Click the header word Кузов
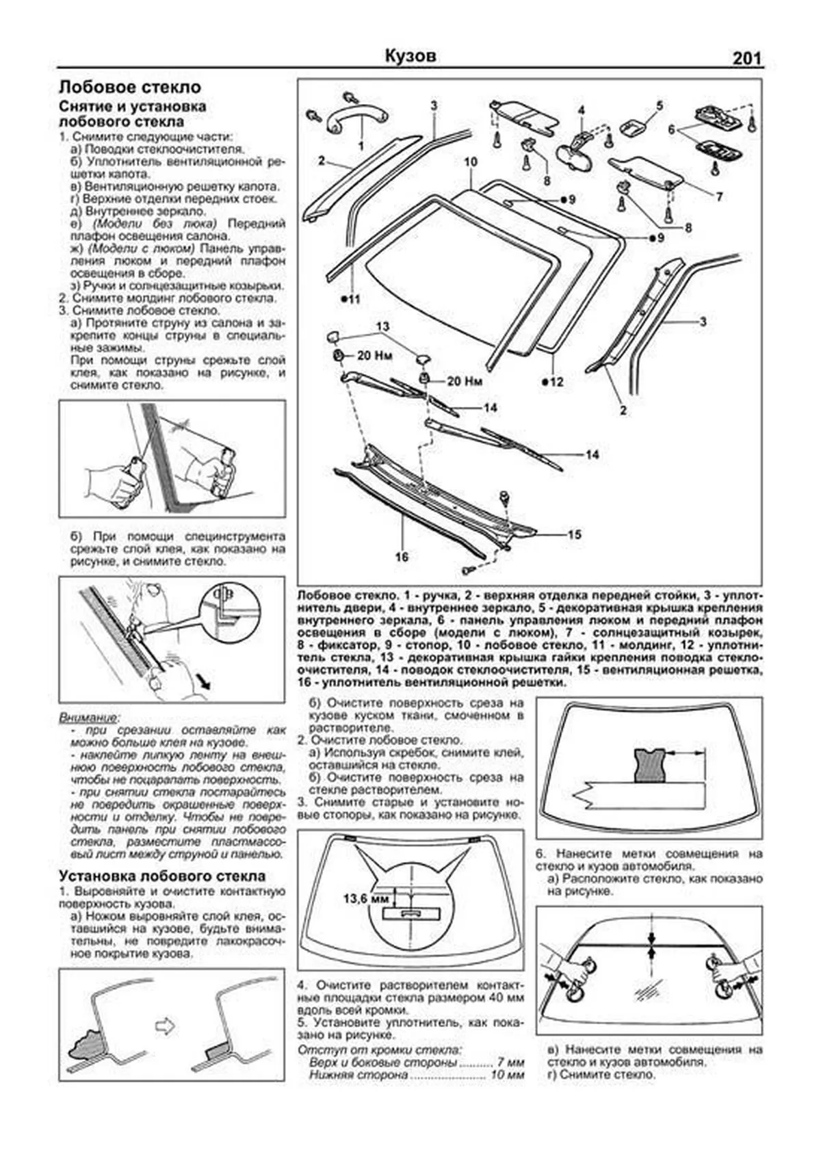pos(410,56)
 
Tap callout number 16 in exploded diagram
pos(402,557)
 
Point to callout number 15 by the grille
pos(574,534)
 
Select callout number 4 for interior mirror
pos(580,110)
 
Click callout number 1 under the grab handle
pos(361,146)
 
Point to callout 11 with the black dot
pos(351,299)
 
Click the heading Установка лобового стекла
pos(162,876)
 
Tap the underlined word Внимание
pos(88,718)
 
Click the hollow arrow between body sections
pos(165,1026)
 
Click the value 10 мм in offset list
pos(507,1075)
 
